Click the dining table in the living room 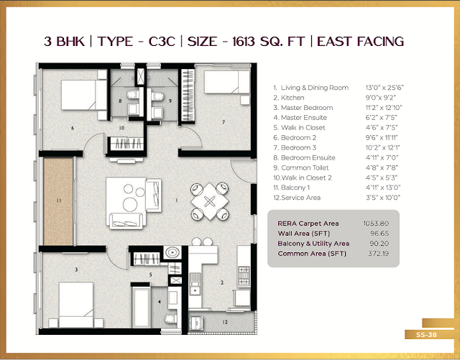(x=209, y=201)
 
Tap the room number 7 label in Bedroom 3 (x=224, y=121)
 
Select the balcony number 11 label (x=59, y=200)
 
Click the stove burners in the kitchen (x=244, y=276)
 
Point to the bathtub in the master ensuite (x=141, y=307)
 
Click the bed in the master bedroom (x=76, y=305)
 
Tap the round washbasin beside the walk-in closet (x=172, y=252)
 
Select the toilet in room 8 (x=132, y=94)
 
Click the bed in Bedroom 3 (x=227, y=82)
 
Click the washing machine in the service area (x=195, y=323)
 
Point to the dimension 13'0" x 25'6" (x=385, y=88)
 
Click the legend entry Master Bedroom (x=307, y=108)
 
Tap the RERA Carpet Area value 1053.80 (x=376, y=223)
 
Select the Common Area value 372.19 (x=379, y=253)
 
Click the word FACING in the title (x=380, y=42)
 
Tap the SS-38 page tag (x=426, y=335)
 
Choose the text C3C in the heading (x=162, y=42)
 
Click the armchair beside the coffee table (x=153, y=195)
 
